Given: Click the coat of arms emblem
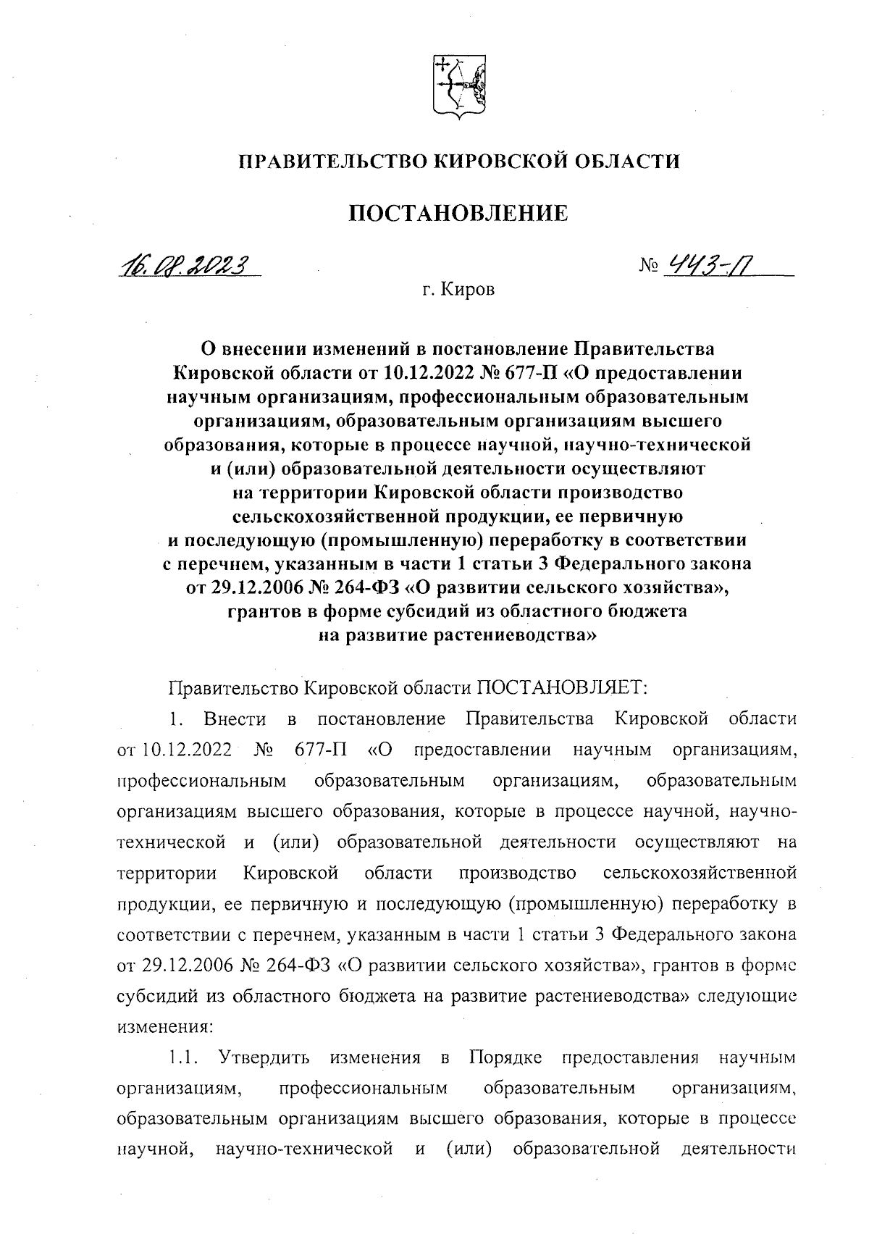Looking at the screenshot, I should coord(458,86).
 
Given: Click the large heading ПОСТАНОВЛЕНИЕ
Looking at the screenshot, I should coord(459,213).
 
